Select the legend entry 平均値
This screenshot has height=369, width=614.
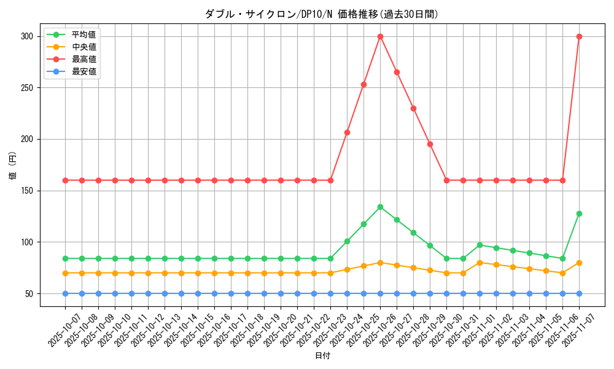[84, 34]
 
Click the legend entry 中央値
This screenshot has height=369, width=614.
[84, 47]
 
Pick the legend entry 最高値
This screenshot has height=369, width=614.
[84, 59]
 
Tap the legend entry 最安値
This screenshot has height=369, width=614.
[84, 71]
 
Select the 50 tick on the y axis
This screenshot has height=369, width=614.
[28, 293]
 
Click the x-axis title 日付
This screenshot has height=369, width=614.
[322, 356]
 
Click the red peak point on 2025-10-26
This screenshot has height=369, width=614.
[380, 36]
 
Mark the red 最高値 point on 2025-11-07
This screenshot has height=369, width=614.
[579, 36]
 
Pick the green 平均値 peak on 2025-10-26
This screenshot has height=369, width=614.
[380, 207]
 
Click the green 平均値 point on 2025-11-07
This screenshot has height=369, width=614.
[579, 213]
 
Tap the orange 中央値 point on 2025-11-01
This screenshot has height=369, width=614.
[480, 263]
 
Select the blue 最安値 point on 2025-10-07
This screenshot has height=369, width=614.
[65, 293]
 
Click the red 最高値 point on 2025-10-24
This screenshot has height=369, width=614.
[347, 132]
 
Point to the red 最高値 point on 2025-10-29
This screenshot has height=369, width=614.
[430, 144]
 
